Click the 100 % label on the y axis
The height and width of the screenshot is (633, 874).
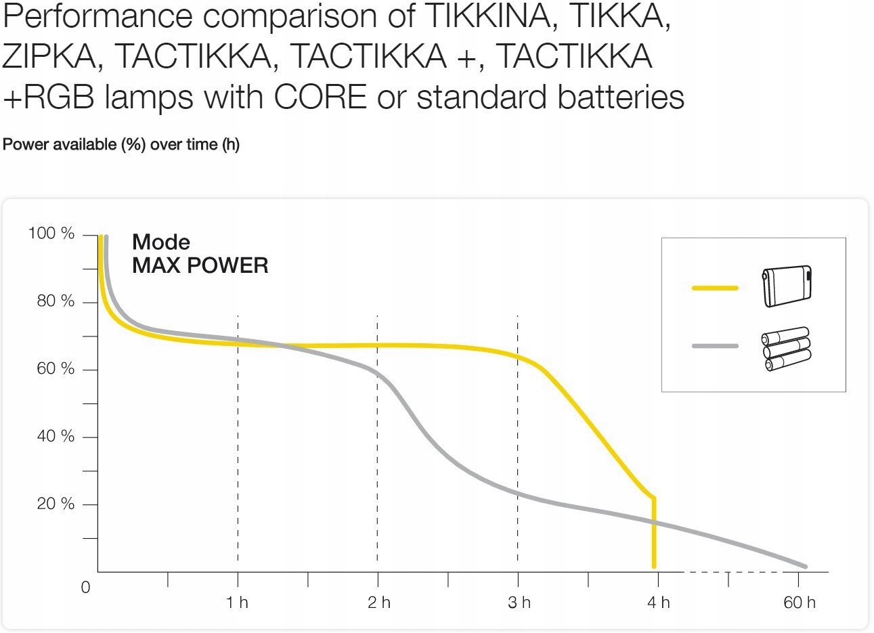(x=51, y=234)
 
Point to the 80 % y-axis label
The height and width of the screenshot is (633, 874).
(x=56, y=301)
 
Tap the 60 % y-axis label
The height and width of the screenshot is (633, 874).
(x=56, y=369)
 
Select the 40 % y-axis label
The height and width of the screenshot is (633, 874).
(x=56, y=436)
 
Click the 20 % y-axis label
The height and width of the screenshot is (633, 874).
(x=56, y=504)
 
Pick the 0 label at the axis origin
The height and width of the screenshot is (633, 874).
(x=85, y=588)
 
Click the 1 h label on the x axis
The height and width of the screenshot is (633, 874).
(x=237, y=603)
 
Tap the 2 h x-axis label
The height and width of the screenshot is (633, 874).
(x=379, y=603)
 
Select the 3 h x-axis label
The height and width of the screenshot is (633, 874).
(x=519, y=603)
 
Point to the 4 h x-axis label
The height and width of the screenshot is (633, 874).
(x=658, y=603)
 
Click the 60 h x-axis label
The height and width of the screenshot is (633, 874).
(x=800, y=603)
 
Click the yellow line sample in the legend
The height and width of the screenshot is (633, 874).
(x=715, y=288)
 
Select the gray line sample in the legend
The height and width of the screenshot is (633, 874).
(x=715, y=347)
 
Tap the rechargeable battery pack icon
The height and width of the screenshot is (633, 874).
(x=787, y=286)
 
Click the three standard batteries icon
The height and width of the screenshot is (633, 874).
(x=787, y=349)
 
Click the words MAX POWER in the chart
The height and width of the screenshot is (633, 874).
(x=200, y=266)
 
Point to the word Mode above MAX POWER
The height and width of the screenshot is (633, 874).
(x=161, y=242)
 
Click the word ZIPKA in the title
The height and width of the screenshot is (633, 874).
(x=49, y=57)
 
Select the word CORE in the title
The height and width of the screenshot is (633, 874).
(x=320, y=97)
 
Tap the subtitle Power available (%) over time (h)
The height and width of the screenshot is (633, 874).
(x=121, y=145)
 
